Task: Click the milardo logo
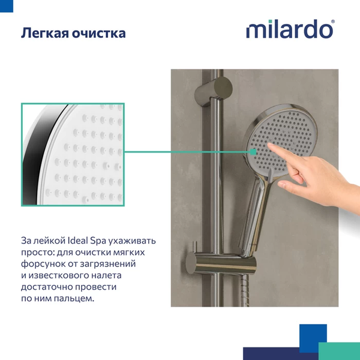click(289, 29)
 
